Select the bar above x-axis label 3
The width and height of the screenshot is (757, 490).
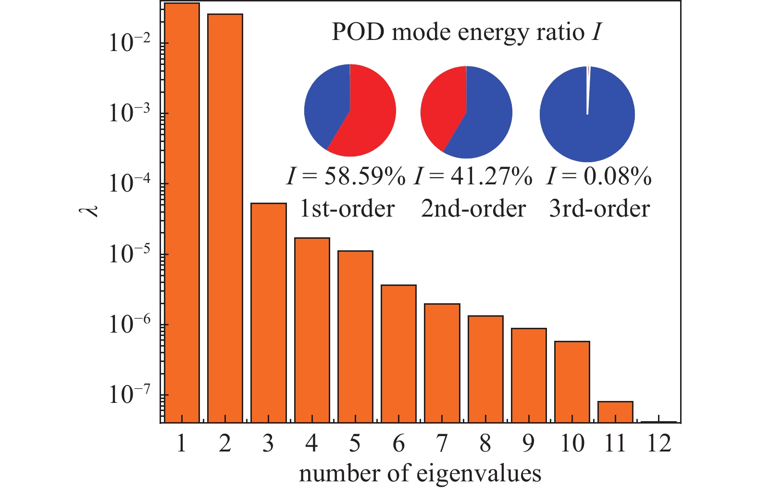268,313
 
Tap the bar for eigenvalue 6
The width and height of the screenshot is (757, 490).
398,354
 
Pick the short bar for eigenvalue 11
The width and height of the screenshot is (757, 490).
615,412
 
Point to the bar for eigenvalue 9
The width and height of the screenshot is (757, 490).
529,375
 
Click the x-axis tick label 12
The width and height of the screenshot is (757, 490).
658,443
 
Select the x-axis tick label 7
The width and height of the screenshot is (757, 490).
442,443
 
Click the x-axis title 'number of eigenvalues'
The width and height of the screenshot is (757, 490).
420,474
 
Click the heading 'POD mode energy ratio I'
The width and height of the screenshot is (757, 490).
466,33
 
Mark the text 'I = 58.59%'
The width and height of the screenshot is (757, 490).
346,177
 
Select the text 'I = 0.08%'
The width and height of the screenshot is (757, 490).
599,177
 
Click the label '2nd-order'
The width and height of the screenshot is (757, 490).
473,209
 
